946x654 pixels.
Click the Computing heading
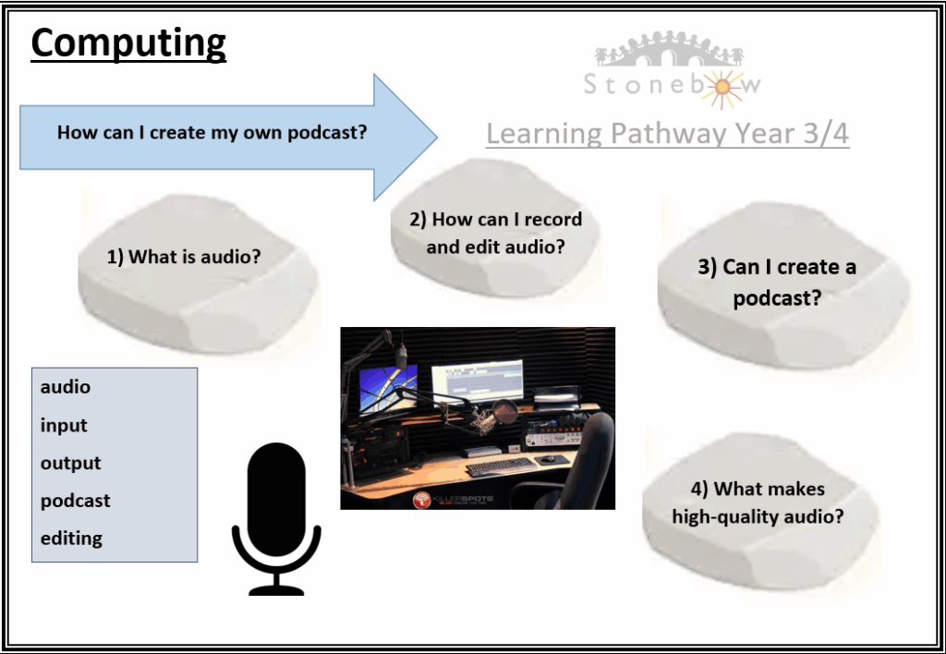tap(128, 43)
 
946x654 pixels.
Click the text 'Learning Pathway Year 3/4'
tap(668, 133)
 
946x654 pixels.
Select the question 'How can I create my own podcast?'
tap(212, 133)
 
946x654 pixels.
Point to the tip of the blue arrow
tap(437, 137)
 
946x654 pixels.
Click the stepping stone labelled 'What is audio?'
tap(198, 272)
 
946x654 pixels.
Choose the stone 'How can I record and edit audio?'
tap(495, 229)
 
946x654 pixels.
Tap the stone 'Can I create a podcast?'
tap(783, 284)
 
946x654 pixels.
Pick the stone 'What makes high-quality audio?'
tap(760, 510)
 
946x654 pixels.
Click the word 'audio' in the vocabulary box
tap(66, 387)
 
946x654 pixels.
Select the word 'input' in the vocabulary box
tap(64, 426)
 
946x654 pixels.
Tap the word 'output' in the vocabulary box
tap(70, 464)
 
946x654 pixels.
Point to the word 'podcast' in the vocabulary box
tap(76, 501)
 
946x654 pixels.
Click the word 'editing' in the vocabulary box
tap(71, 539)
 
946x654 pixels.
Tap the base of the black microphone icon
tap(276, 590)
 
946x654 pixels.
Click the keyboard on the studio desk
tap(502, 466)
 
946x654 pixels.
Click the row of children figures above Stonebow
tap(669, 48)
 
